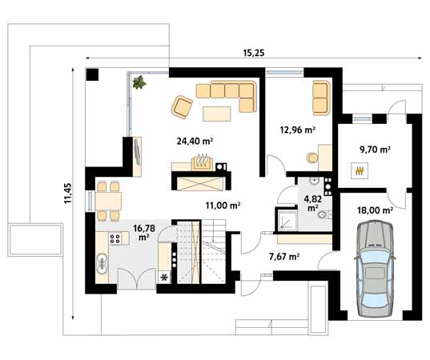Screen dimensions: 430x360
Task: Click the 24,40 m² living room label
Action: pyautogui.click(x=195, y=141)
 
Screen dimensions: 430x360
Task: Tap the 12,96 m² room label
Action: pyautogui.click(x=297, y=130)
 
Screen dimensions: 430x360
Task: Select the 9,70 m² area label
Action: pyautogui.click(x=376, y=150)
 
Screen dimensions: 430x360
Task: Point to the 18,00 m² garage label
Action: pyautogui.click(x=375, y=210)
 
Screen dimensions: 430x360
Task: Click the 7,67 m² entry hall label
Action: pyautogui.click(x=284, y=257)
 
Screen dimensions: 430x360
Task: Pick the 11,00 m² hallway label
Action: pyautogui.click(x=223, y=206)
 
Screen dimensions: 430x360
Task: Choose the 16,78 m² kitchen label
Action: pyautogui.click(x=144, y=232)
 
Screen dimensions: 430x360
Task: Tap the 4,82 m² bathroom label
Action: pyautogui.click(x=312, y=203)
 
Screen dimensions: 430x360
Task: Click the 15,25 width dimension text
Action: pyautogui.click(x=254, y=53)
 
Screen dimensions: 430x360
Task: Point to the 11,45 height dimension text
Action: pyautogui.click(x=68, y=193)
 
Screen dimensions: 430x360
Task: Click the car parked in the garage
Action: pyautogui.click(x=375, y=269)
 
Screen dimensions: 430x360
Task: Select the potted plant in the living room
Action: pyautogui.click(x=139, y=82)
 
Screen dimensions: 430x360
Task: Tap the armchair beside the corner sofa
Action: pyautogui.click(x=182, y=107)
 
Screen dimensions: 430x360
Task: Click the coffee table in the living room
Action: pyautogui.click(x=217, y=114)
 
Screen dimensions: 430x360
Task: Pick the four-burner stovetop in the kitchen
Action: pyautogui.click(x=115, y=238)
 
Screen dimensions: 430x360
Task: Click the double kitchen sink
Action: pyautogui.click(x=102, y=263)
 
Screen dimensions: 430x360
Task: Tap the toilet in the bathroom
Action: pyautogui.click(x=324, y=214)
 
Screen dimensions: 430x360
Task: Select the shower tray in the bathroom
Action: pyautogui.click(x=287, y=220)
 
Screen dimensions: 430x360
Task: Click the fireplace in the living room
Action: pyautogui.click(x=202, y=162)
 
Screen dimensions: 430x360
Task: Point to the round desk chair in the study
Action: pyautogui.click(x=312, y=158)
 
